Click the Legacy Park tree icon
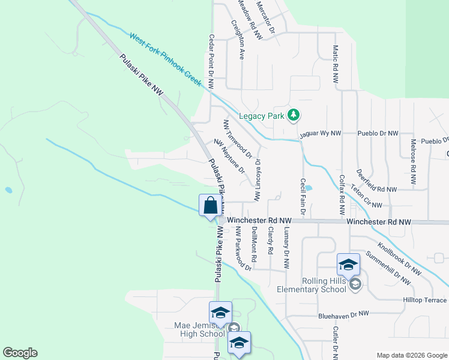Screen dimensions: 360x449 tap(293, 115)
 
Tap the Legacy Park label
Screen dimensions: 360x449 tap(261, 116)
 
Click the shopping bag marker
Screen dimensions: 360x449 tap(211, 206)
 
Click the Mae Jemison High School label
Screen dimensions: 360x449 tap(199, 329)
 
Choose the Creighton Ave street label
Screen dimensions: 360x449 tap(238, 39)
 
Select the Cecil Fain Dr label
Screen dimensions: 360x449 tap(304, 197)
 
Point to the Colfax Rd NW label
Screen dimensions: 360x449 tap(342, 195)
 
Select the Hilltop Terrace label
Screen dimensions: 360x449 tap(426, 300)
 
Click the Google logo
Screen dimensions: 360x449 tap(20, 353)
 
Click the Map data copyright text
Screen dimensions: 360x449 tap(411, 355)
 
